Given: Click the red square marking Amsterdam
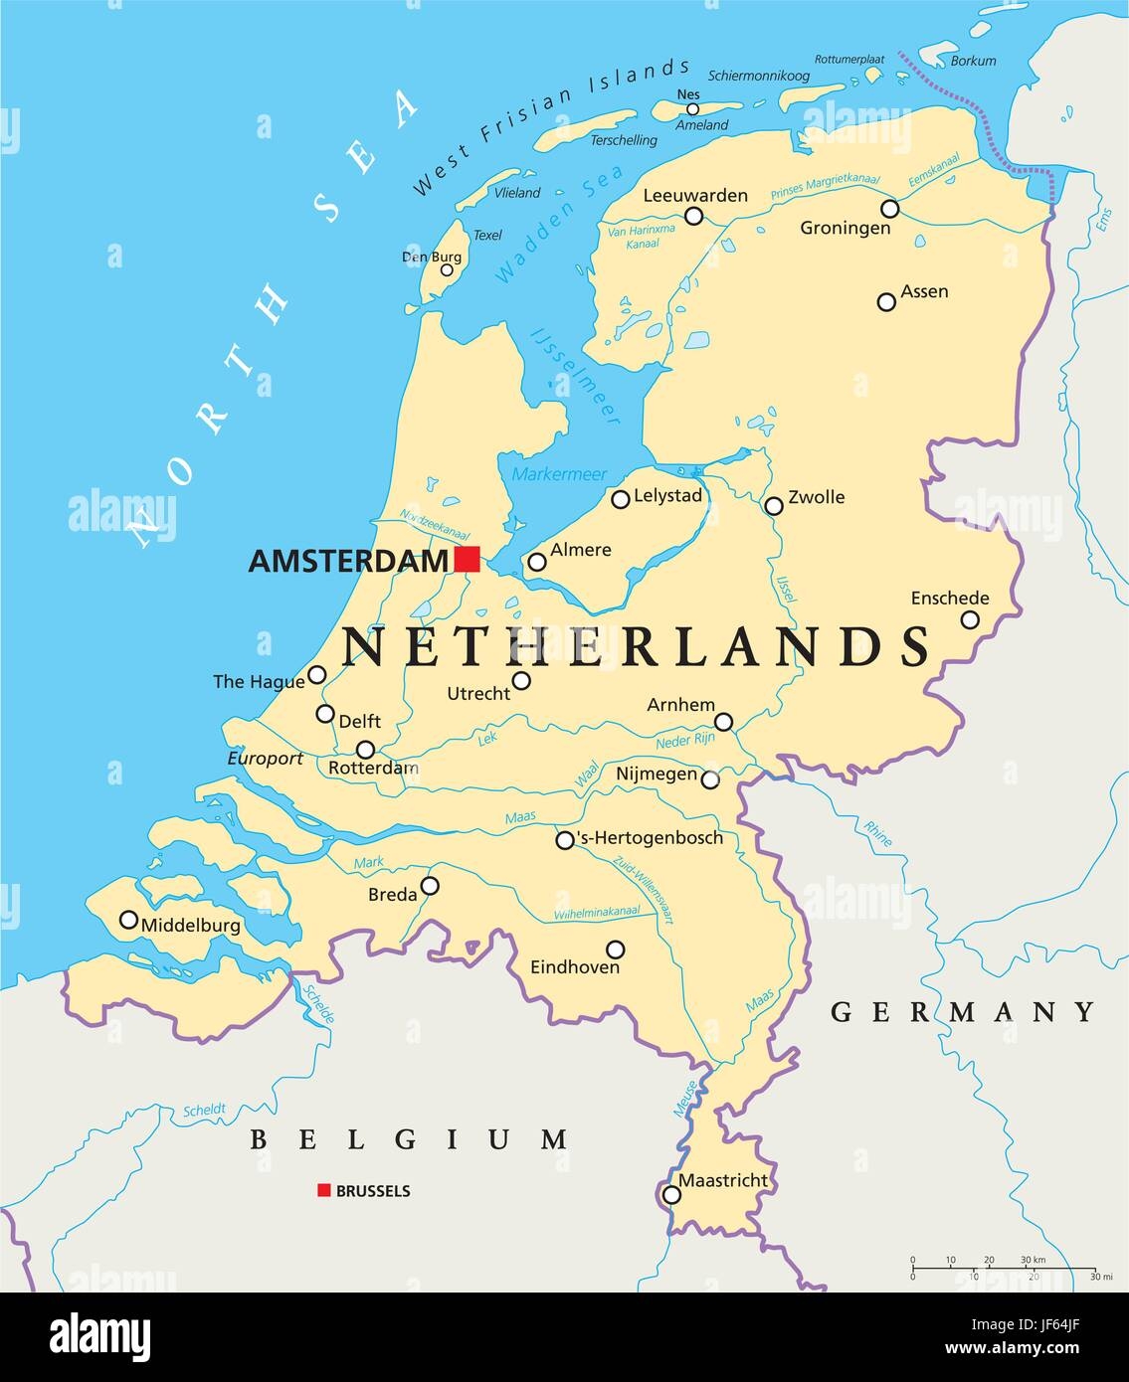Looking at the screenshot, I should coord(468,559).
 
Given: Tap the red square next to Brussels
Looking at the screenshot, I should coord(323,1190).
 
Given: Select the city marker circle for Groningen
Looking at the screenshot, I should coord(889,209).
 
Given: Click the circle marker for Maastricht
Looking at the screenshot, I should coord(672,1194).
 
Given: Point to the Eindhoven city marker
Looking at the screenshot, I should coord(616,950).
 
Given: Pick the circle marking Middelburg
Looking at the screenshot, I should coord(128,920).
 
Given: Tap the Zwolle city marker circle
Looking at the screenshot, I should coord(774,506).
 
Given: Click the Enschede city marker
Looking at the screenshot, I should coord(970,619).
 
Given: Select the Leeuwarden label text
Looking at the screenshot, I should coord(694,195).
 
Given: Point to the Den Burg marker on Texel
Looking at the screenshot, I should coord(447,269).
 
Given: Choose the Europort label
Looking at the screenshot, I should coord(265,758).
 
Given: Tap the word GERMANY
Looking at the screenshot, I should coord(963,1012).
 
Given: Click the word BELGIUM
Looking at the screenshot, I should coord(409,1139).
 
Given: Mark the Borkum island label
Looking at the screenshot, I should coord(973,61).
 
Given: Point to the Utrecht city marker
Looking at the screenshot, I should coord(521,681).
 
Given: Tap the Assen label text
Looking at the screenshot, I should coord(924,291).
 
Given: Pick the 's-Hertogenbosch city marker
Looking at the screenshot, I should coord(565,840).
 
